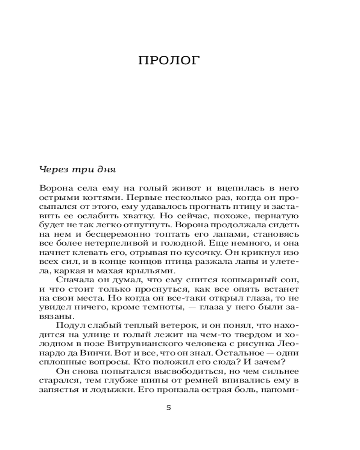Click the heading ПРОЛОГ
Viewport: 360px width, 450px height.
[168, 61]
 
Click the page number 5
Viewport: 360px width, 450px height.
[168, 408]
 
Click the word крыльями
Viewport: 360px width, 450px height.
[155, 270]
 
